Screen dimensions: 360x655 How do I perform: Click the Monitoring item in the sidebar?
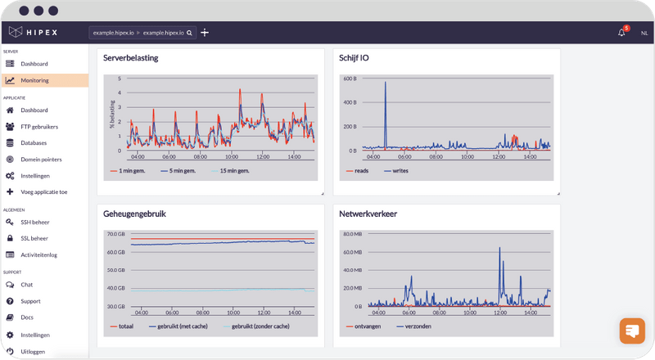[34, 80]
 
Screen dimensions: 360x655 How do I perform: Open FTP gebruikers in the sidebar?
[39, 127]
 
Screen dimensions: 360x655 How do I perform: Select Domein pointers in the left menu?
[41, 160]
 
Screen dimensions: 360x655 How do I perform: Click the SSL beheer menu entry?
[34, 238]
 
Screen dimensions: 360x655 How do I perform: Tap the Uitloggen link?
[33, 351]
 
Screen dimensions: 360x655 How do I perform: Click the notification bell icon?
[621, 33]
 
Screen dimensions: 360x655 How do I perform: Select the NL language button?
[644, 33]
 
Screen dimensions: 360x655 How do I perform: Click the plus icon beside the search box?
[205, 33]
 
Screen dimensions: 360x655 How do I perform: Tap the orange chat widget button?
[632, 331]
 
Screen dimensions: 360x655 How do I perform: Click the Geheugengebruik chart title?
[135, 214]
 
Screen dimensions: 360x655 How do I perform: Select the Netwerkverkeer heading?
[368, 214]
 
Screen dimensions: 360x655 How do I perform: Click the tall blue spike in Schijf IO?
[385, 106]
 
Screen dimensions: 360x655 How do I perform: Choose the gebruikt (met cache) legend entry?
[183, 326]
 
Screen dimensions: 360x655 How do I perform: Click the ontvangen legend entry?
[364, 326]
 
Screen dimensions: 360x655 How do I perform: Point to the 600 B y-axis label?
[350, 79]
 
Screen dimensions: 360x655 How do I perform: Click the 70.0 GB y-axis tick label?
[115, 234]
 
